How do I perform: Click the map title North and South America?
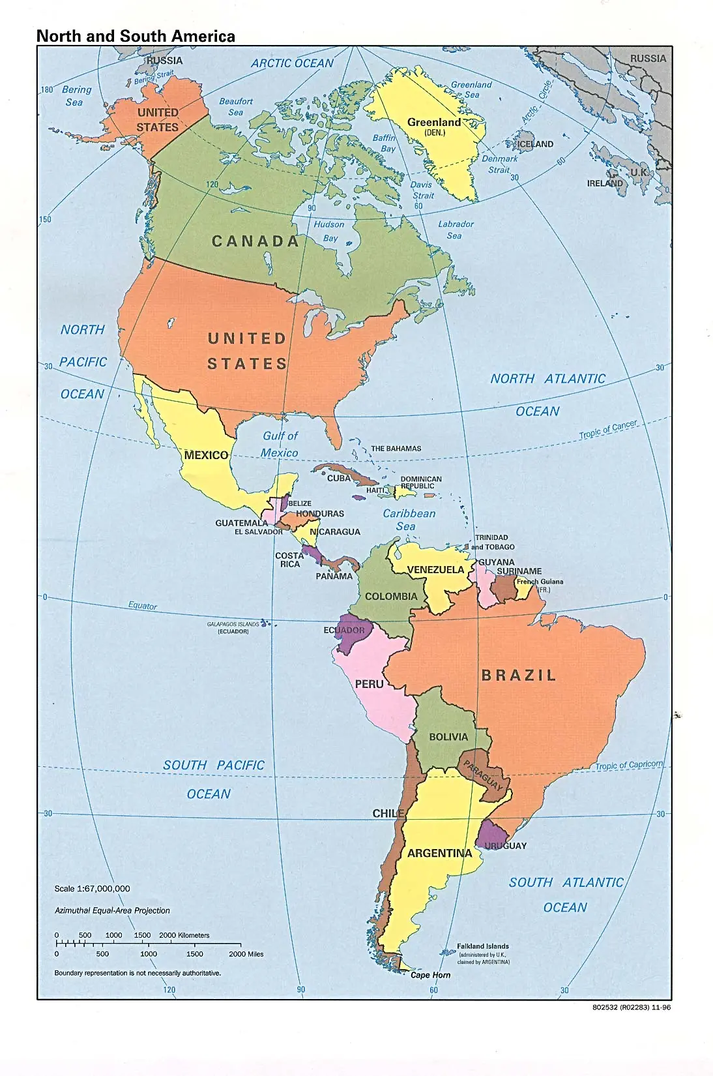[x=136, y=37]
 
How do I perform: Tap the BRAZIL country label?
[x=519, y=676]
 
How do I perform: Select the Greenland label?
[x=434, y=123]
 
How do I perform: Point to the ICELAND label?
[x=535, y=144]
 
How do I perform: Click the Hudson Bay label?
[x=329, y=231]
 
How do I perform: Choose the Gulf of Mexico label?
[x=280, y=444]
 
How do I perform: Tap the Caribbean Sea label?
[x=409, y=520]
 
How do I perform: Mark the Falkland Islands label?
[x=483, y=946]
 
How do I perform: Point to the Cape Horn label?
[x=430, y=975]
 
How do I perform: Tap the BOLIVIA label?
[x=448, y=737]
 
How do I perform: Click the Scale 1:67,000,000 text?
[x=92, y=889]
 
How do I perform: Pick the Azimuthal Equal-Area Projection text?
[x=112, y=910]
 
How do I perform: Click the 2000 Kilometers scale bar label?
[x=184, y=935]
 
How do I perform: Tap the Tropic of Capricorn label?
[x=629, y=765]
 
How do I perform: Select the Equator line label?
[x=142, y=606]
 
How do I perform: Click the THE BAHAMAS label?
[x=396, y=449]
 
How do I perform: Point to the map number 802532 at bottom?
[x=631, y=1008]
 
